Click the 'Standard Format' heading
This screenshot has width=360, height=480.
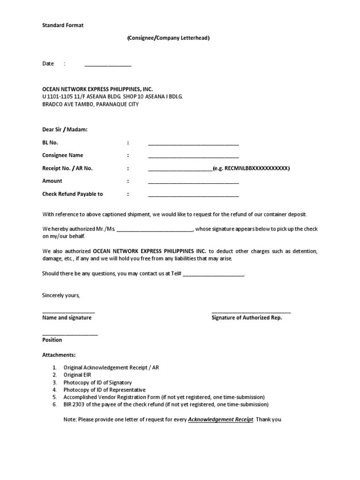(x=63, y=25)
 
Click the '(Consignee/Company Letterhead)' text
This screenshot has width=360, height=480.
(x=168, y=38)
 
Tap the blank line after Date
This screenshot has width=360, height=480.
(x=108, y=65)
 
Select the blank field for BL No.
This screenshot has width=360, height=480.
(x=193, y=143)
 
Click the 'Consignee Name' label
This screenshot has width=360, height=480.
(x=62, y=155)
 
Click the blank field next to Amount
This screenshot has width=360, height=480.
(x=193, y=182)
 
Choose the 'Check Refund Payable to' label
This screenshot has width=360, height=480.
(x=73, y=194)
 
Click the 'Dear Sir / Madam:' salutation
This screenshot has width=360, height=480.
(x=65, y=130)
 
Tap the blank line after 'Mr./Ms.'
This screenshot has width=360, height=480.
(x=154, y=230)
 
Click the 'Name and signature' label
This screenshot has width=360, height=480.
(x=67, y=318)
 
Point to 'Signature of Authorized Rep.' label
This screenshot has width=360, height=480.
(x=247, y=318)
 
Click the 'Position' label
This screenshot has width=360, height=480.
(x=52, y=340)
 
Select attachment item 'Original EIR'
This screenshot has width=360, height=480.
(x=77, y=375)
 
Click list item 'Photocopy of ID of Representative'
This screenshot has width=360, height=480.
(x=105, y=390)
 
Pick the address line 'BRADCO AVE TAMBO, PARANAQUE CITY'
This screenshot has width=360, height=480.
(x=90, y=104)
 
